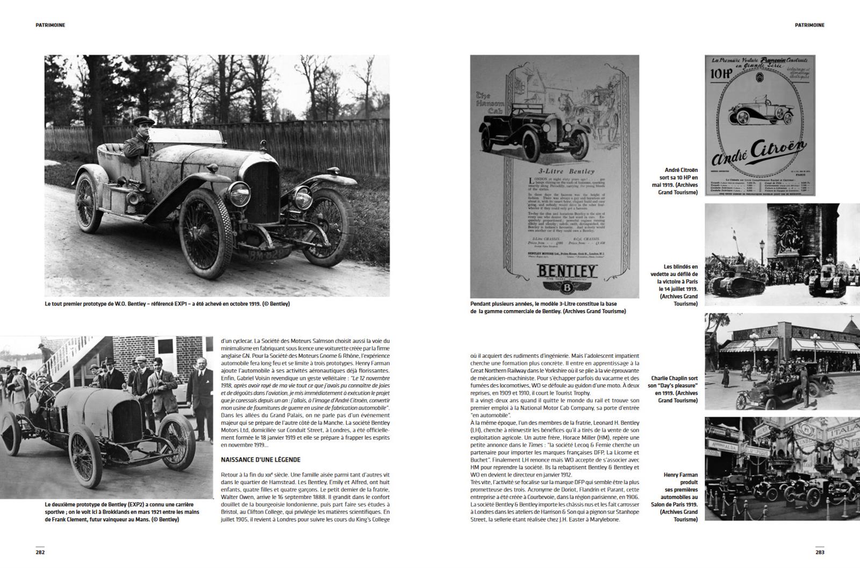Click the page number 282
40,552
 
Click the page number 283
819,552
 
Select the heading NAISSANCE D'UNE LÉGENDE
261,460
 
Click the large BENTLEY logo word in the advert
568,270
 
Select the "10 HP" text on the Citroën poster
721,74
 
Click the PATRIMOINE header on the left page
51,25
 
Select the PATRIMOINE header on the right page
809,25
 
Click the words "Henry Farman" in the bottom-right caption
681,474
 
